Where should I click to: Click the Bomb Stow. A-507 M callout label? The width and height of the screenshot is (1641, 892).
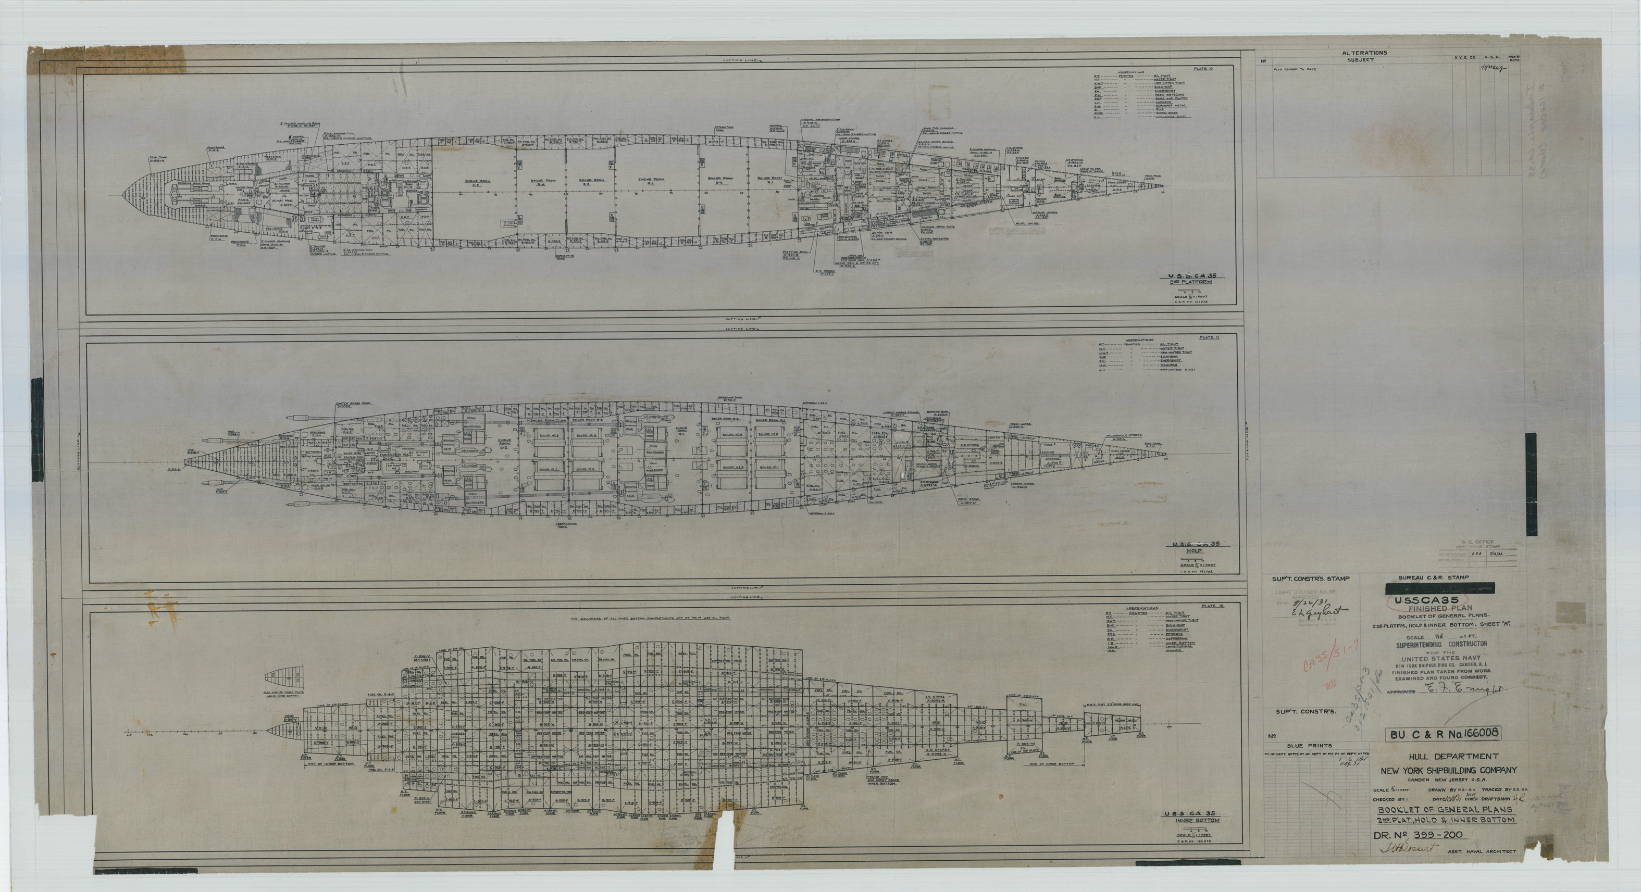[x=967, y=500]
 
